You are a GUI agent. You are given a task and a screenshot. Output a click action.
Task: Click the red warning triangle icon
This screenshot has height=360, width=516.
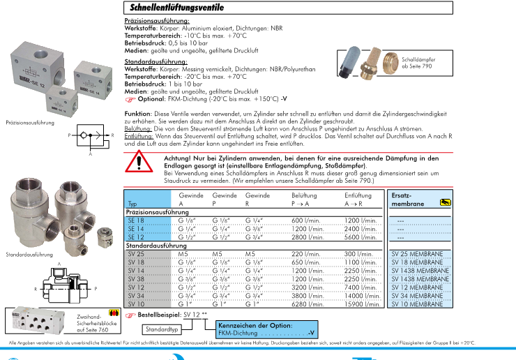click(142, 163)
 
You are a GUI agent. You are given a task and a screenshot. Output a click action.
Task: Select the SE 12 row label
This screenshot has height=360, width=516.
click(136, 237)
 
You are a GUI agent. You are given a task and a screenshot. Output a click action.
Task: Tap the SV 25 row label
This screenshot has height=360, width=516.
click(137, 254)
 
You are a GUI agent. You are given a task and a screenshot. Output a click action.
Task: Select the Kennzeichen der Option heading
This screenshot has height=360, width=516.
click(255, 324)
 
